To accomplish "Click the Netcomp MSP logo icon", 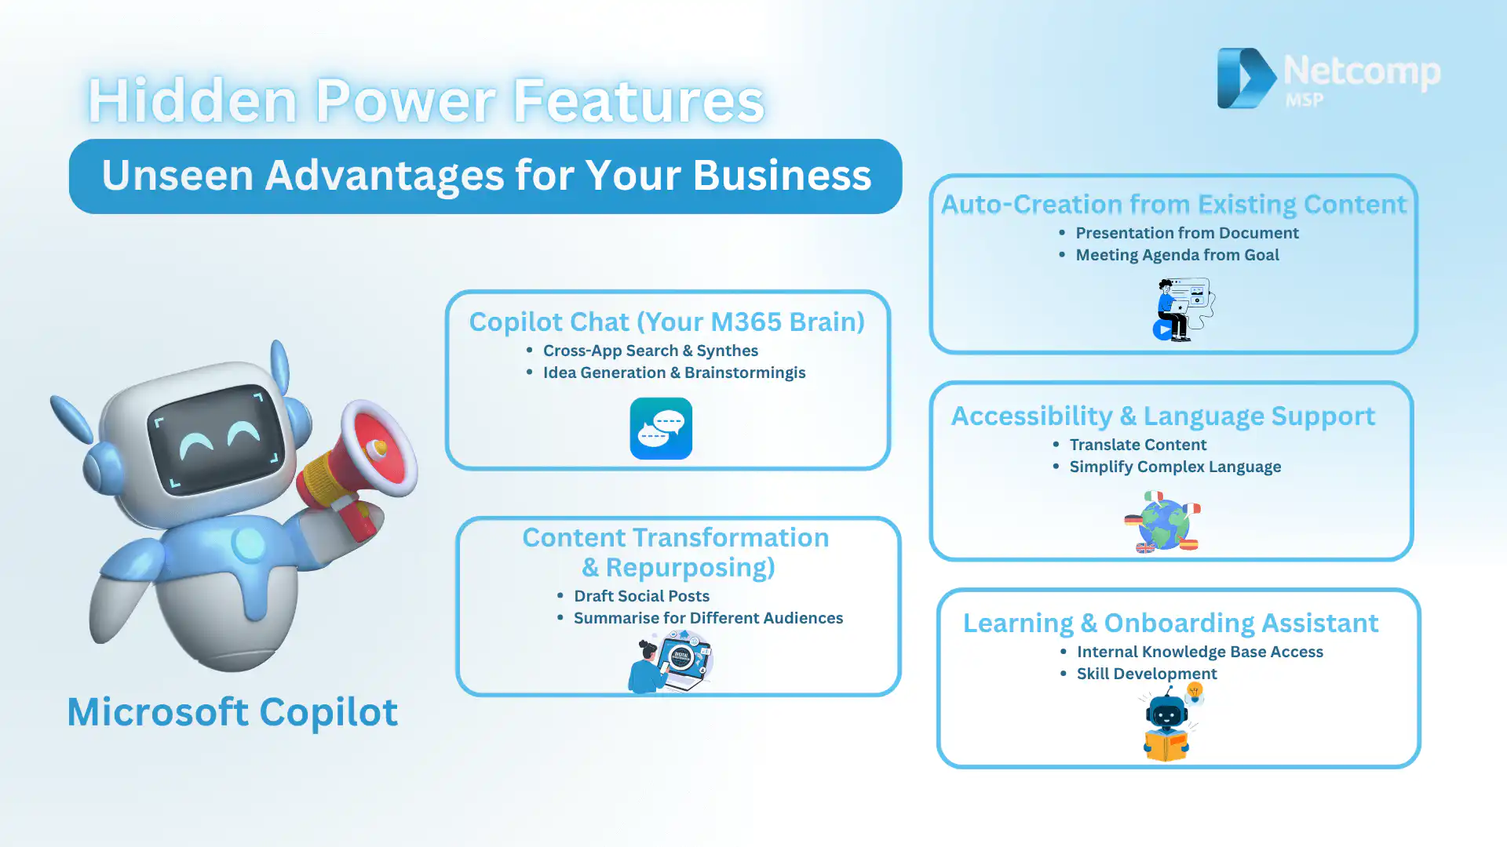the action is click(x=1246, y=78).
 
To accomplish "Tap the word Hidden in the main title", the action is click(x=193, y=100).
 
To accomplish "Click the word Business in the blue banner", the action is click(x=782, y=175).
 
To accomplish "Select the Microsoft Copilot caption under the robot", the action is click(x=232, y=711).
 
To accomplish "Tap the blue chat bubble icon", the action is click(x=661, y=428).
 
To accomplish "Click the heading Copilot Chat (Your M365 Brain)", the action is click(x=667, y=322).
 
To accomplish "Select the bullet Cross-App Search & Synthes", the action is click(x=651, y=351).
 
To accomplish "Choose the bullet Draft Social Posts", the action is click(x=641, y=596).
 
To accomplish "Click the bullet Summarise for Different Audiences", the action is click(x=708, y=618).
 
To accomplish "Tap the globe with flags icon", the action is click(x=1162, y=522).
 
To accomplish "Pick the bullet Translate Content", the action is click(x=1138, y=445).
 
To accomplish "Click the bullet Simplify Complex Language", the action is click(x=1175, y=467).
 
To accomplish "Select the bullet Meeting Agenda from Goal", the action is click(x=1177, y=255).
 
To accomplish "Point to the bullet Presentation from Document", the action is click(x=1187, y=233).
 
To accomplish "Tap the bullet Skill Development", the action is click(x=1147, y=674).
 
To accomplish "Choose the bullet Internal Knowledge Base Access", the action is click(x=1200, y=652).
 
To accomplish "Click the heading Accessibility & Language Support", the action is click(x=1163, y=416).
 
